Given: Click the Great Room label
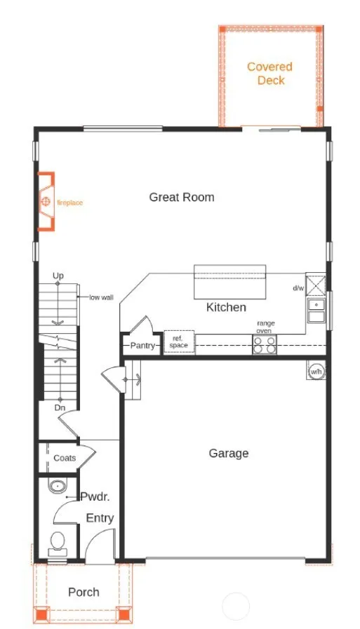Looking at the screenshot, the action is [182, 197].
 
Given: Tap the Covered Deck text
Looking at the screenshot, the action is [270, 74].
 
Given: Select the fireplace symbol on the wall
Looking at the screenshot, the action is [46, 201].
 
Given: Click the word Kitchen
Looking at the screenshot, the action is [226, 307].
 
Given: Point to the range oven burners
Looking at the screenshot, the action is [265, 344].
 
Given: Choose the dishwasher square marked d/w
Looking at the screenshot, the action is [316, 284].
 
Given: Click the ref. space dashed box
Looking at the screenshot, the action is [179, 341].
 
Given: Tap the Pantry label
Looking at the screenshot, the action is [142, 346].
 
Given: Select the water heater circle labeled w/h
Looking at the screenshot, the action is [316, 372].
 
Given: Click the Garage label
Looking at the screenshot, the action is [229, 453].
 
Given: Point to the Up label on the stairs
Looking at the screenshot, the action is [58, 276].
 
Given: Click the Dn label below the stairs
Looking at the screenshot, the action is [60, 407].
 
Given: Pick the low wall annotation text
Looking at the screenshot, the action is [101, 297].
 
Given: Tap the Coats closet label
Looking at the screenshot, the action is [65, 458].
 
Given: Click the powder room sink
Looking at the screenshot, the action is [58, 486].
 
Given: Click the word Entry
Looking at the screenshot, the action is [100, 518].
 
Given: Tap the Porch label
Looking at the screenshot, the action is [84, 592].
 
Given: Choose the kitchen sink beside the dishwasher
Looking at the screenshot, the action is [316, 310].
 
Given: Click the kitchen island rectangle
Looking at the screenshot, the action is [230, 282].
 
